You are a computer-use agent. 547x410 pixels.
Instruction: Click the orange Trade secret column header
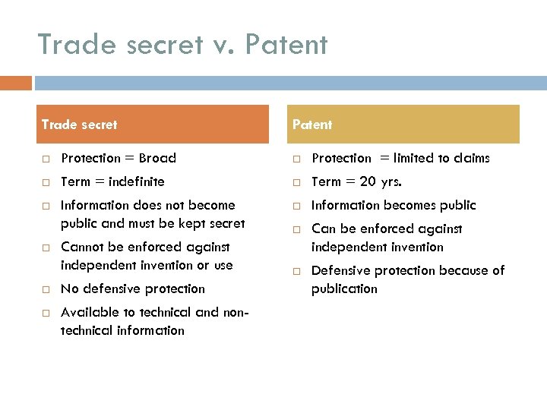[x=154, y=125]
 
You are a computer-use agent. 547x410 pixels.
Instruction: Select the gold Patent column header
[x=406, y=125]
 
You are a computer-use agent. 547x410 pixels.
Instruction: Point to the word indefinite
[x=137, y=182]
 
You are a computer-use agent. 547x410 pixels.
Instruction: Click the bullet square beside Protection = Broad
[x=46, y=159]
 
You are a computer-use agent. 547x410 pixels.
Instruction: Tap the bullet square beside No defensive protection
[x=46, y=289]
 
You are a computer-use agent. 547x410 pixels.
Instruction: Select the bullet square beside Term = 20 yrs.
[x=297, y=182]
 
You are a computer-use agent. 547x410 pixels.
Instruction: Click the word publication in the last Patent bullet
[x=344, y=289]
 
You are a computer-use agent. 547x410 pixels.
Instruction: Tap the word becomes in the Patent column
[x=415, y=206]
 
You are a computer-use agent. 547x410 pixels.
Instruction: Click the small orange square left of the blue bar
[x=16, y=83]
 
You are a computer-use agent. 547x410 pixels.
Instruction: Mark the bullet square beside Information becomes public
[x=297, y=206]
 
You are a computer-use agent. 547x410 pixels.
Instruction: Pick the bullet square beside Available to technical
[x=46, y=313]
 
